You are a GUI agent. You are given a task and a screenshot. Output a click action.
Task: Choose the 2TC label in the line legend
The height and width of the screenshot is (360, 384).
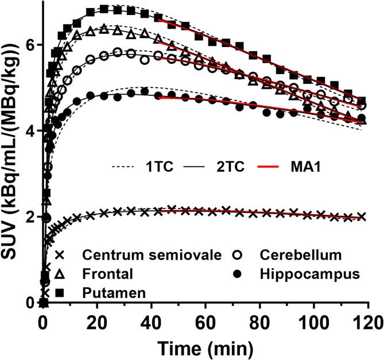point(232,167)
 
